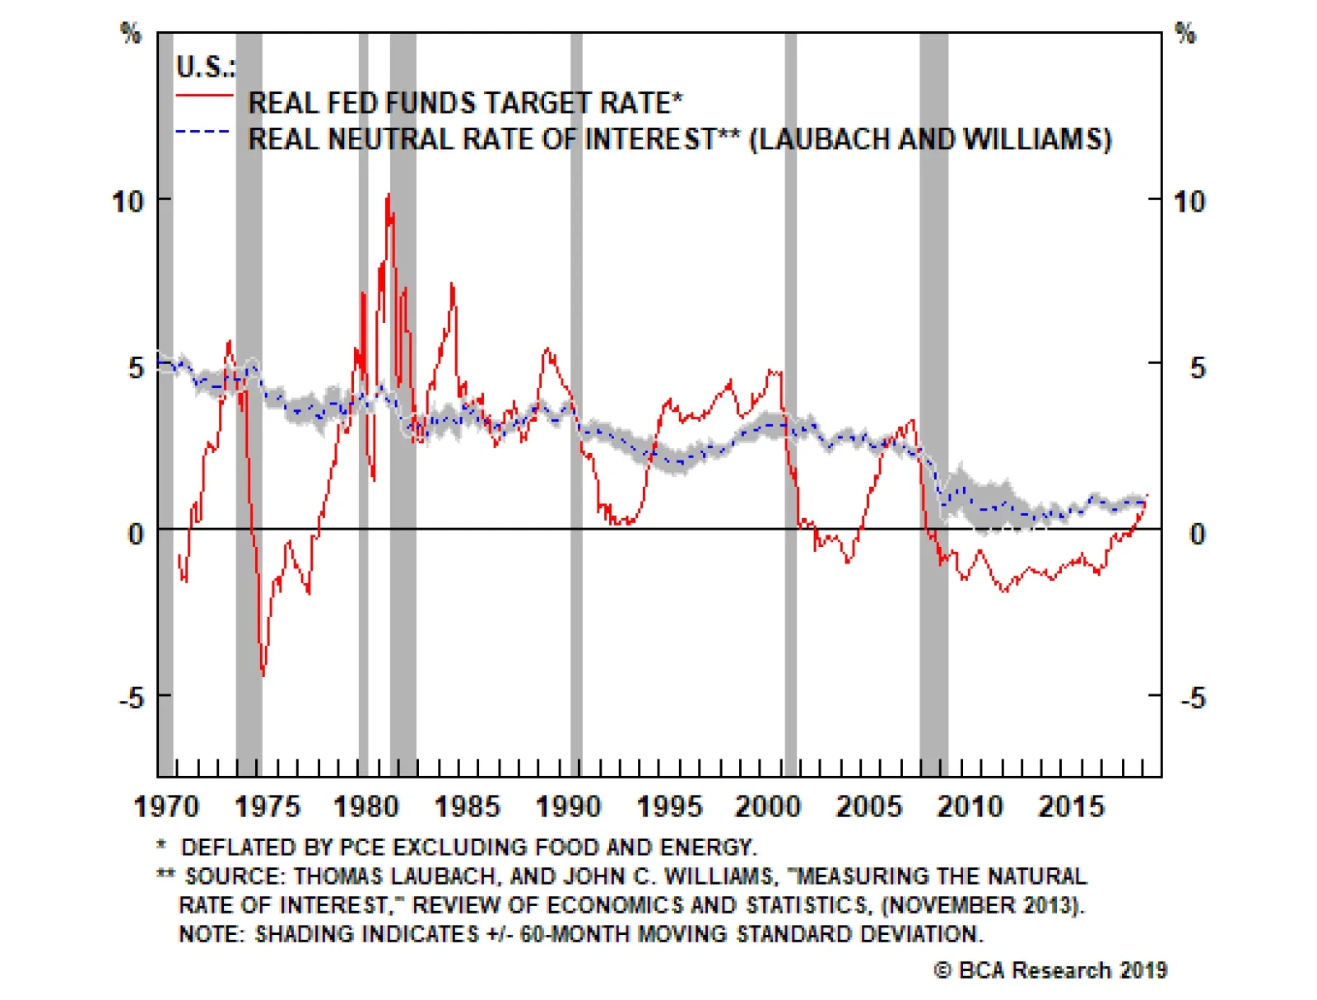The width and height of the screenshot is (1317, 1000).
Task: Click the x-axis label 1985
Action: point(467,806)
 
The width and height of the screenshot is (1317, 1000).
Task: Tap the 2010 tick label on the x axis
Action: point(970,806)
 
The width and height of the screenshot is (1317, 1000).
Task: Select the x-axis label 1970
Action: point(166,806)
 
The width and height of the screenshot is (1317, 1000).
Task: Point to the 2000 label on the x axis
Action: point(768,806)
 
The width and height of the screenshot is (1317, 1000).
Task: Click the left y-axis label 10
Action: point(128,201)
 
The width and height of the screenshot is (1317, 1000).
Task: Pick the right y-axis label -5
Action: point(1192,699)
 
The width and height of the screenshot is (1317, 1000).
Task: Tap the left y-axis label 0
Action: point(136,534)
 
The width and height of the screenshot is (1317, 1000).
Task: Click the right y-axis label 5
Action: point(1197,367)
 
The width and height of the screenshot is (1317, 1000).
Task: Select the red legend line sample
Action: point(204,96)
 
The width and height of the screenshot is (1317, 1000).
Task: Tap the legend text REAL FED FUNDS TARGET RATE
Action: point(465,103)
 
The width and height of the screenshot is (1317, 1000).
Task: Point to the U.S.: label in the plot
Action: point(205,66)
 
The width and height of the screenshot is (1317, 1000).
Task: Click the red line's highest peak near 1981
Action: point(388,195)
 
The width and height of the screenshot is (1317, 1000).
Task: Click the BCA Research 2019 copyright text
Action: point(1050,970)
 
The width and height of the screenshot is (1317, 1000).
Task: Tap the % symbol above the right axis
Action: point(1185,34)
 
